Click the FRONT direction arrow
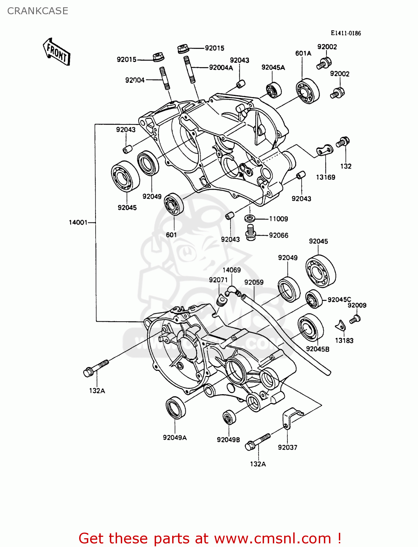pos(57,52)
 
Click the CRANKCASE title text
pos(38,11)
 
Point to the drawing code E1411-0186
pos(346,33)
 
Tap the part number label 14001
pos(78,222)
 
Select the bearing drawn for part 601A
pos(307,91)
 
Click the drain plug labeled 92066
pos(250,232)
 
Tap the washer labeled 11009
pos(250,219)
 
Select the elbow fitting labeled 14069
pos(231,291)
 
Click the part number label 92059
pos(254,282)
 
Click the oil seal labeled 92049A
pos(176,407)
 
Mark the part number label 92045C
pos(339,299)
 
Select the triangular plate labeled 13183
pos(340,325)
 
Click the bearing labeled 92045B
pos(310,327)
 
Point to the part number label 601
pos(171,235)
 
